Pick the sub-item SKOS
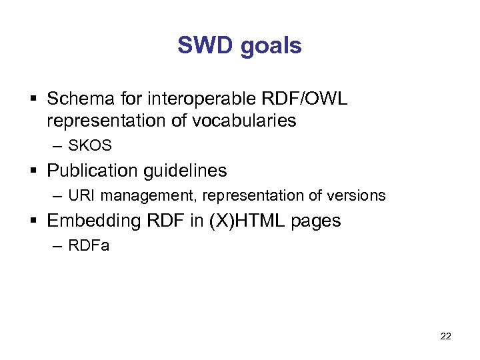pyautogui.click(x=90, y=145)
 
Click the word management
pyautogui.click(x=151, y=196)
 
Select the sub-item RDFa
pyautogui.click(x=89, y=246)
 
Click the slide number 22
pyautogui.click(x=445, y=336)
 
